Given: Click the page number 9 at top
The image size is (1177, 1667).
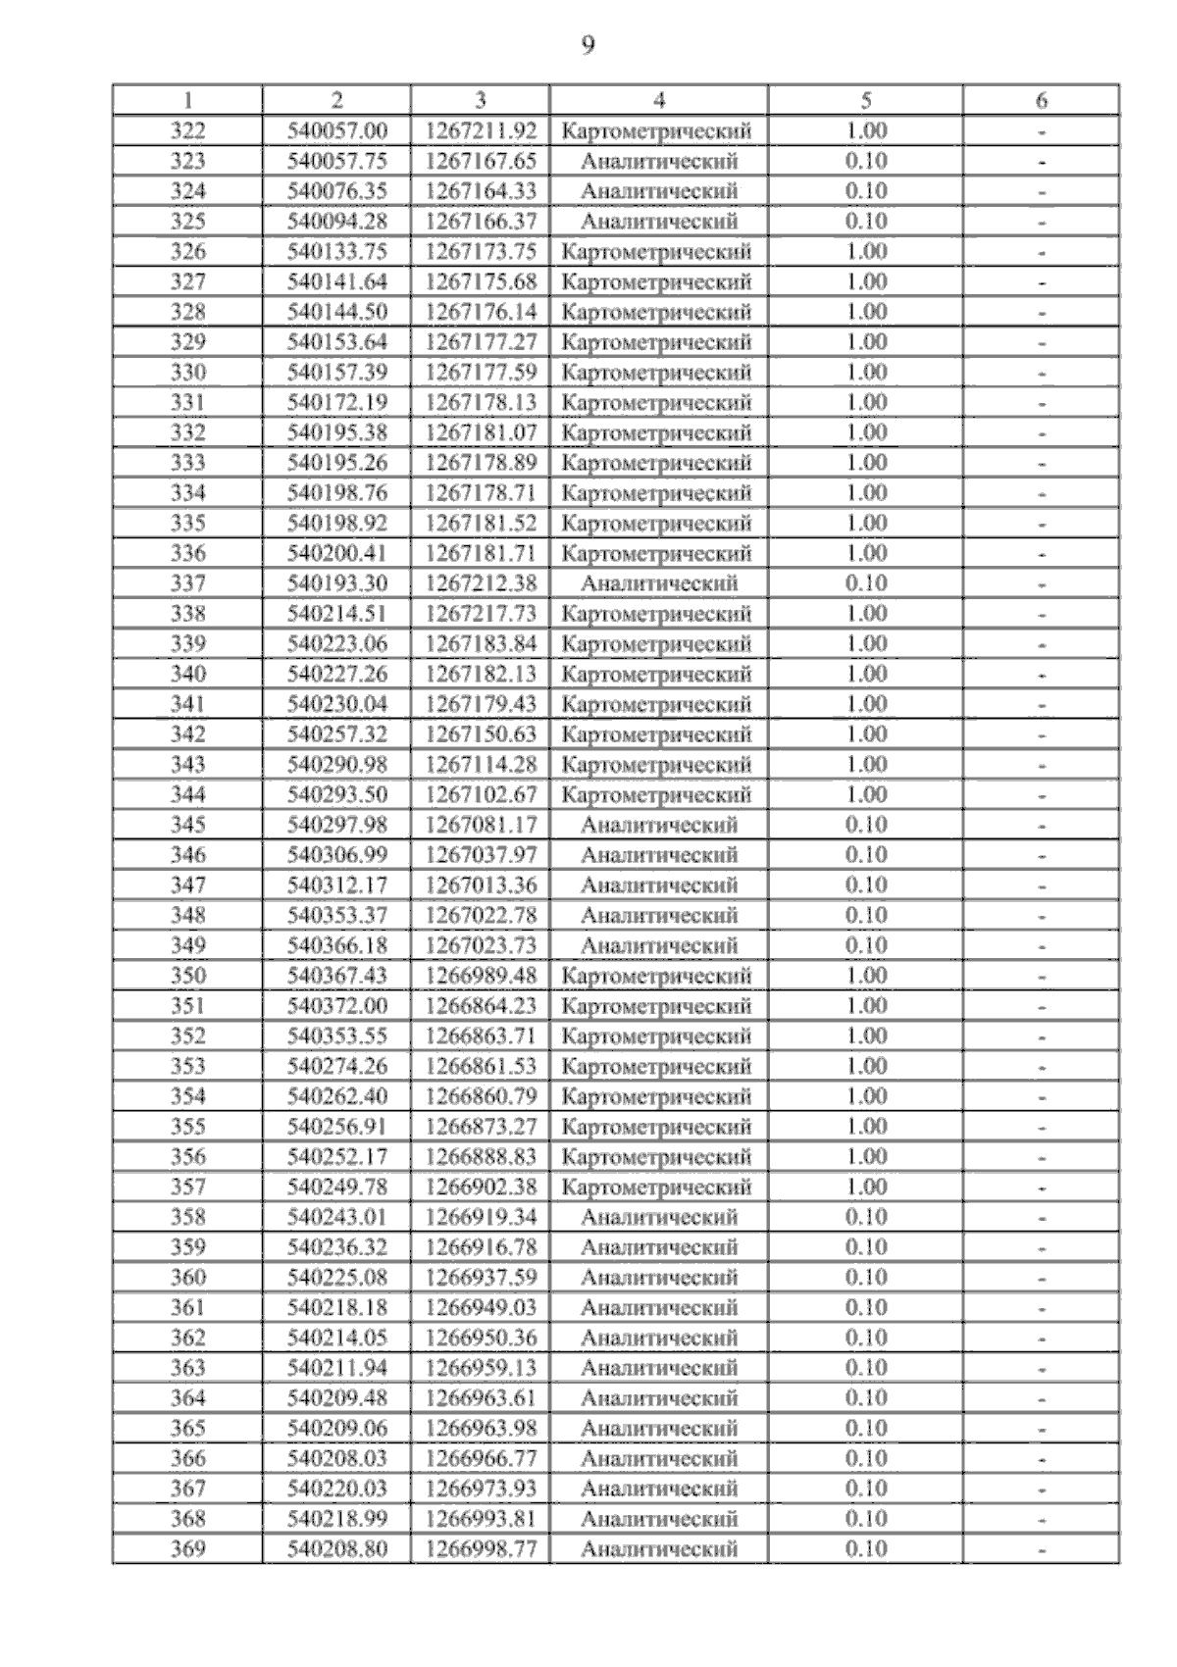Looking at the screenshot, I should (588, 45).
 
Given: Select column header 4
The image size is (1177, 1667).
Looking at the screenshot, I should (659, 100).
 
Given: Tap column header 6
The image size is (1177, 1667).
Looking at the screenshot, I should (1042, 100).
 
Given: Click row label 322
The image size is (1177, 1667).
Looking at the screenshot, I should (187, 131).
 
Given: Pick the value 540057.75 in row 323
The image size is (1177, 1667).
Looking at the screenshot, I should (337, 162).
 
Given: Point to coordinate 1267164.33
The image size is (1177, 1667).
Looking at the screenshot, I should (481, 191).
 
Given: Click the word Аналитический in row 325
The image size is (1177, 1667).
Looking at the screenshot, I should (658, 222).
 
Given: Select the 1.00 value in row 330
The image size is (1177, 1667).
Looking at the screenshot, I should (865, 373).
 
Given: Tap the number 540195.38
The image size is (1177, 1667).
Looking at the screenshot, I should (337, 432).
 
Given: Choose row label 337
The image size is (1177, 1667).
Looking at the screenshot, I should (187, 583).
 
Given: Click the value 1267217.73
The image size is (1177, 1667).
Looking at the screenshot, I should (481, 614).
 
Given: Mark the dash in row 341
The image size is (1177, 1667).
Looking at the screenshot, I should (1042, 705).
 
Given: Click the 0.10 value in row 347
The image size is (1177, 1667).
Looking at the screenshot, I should (865, 885).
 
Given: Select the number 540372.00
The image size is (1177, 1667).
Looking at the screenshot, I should (337, 1006).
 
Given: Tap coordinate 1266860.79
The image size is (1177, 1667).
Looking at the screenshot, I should (481, 1096).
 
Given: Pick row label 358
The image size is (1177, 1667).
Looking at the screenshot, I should (187, 1217).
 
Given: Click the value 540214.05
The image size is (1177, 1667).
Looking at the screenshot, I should (337, 1338).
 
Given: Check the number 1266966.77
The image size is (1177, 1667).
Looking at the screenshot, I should (481, 1458).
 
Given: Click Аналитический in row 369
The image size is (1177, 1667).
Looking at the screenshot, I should (658, 1549).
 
